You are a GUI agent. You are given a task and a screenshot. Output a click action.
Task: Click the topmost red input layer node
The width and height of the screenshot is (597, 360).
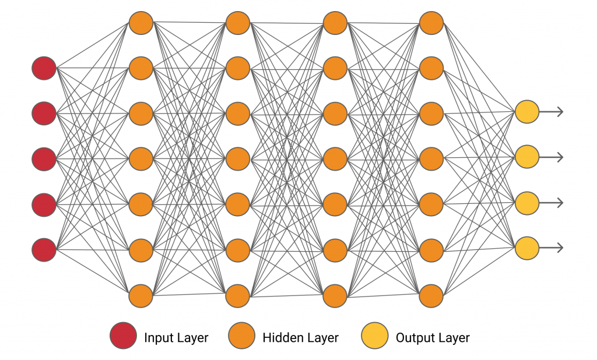(x=44, y=68)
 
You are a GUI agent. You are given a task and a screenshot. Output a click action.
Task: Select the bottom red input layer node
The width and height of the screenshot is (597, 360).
(x=44, y=249)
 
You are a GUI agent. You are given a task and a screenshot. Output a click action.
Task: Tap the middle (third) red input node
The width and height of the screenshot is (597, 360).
(x=44, y=158)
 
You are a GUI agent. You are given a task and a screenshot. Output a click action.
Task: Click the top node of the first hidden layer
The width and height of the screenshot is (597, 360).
(x=141, y=23)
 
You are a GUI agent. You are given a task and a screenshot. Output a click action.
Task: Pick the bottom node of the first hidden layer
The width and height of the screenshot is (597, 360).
(x=141, y=295)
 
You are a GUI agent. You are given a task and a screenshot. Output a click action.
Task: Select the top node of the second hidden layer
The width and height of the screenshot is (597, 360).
(x=238, y=23)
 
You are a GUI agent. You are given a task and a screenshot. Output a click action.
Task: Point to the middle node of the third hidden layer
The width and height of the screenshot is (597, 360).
(x=335, y=158)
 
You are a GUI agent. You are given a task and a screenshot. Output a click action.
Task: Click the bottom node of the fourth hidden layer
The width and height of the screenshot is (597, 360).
(x=431, y=295)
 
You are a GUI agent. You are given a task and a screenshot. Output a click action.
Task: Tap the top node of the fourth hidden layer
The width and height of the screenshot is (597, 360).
(x=431, y=23)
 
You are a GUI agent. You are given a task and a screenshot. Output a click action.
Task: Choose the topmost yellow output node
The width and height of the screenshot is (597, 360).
(x=526, y=111)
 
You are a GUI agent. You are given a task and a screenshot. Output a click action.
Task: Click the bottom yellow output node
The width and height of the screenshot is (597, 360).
(x=526, y=248)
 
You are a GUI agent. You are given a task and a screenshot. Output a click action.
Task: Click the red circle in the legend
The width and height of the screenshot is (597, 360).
(x=122, y=337)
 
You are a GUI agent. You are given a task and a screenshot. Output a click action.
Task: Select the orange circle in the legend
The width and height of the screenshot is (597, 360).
(x=241, y=337)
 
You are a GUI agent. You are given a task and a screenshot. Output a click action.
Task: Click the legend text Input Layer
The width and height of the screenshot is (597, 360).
(x=176, y=337)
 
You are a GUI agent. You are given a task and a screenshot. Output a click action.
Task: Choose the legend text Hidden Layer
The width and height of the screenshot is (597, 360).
(x=300, y=337)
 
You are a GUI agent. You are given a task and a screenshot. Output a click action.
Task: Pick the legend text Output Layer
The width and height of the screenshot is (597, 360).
(x=433, y=337)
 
